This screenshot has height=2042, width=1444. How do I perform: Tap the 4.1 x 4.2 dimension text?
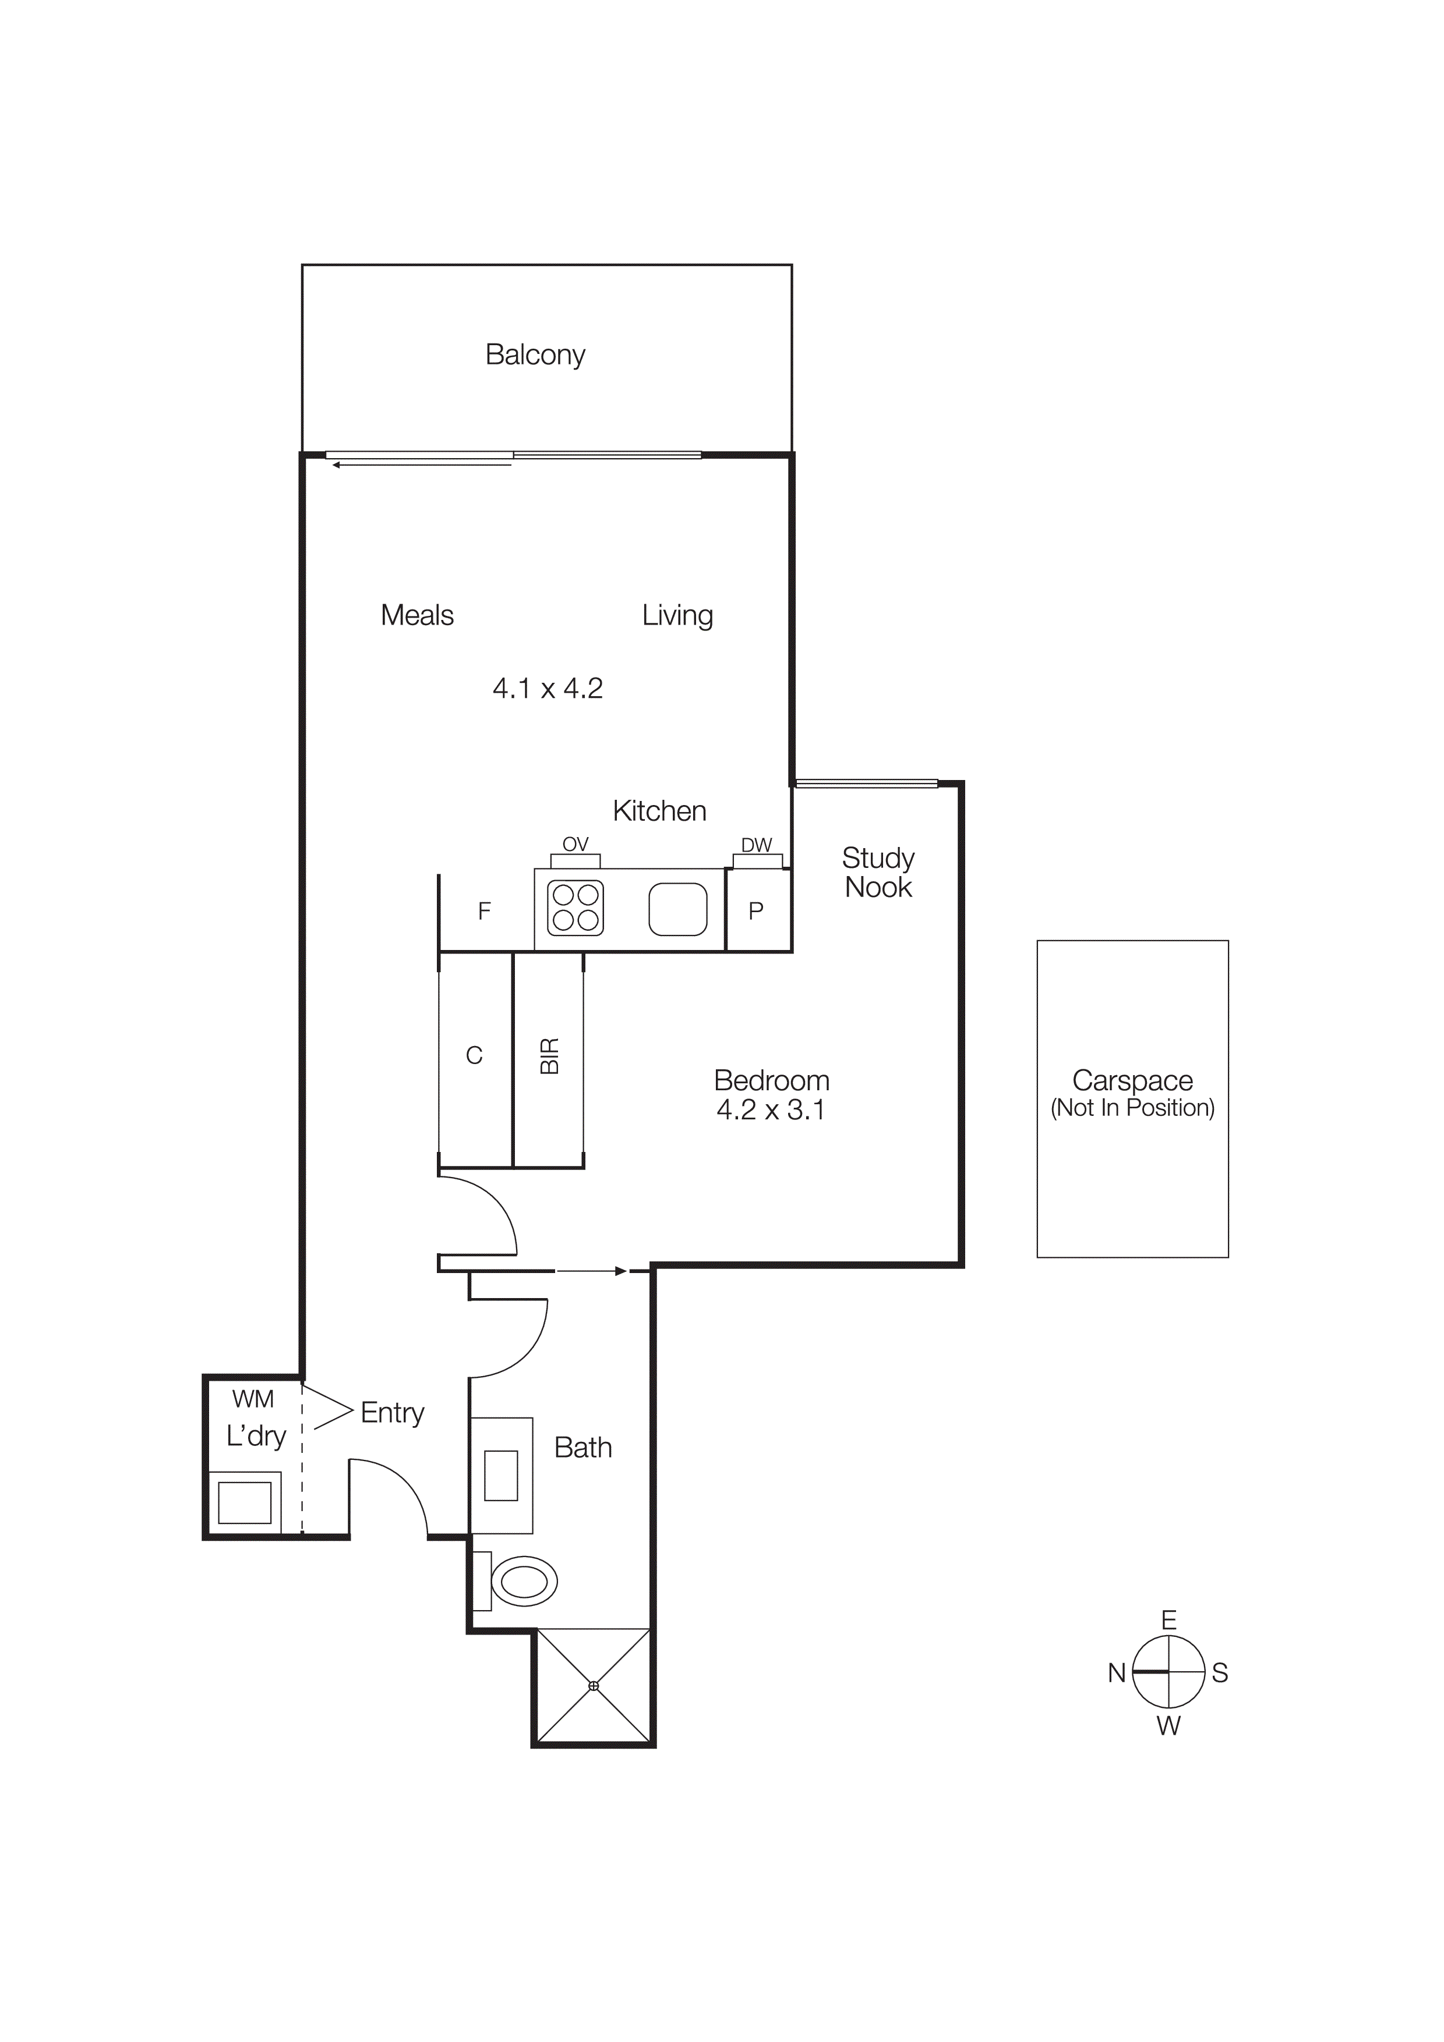[x=547, y=689]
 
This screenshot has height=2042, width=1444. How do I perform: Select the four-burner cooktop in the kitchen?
[x=576, y=908]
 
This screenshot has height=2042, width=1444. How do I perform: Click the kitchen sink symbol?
[x=678, y=909]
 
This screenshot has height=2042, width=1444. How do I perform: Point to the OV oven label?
[x=576, y=844]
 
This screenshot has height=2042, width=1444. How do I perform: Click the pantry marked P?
[x=756, y=911]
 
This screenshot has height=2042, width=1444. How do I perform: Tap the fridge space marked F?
[x=485, y=911]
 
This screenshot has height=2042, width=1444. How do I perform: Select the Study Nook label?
[x=878, y=873]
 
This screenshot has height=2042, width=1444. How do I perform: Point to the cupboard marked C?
[x=474, y=1056]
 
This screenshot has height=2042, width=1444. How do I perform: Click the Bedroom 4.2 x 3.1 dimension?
[x=771, y=1110]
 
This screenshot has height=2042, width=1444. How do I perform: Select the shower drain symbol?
[x=594, y=1685]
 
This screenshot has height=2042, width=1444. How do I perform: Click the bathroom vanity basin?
[x=501, y=1476]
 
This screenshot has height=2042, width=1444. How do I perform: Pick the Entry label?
[x=393, y=1412]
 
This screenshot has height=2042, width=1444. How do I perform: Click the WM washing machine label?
[x=253, y=1399]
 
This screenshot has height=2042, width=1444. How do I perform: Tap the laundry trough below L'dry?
[x=245, y=1503]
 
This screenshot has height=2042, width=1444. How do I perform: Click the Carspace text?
[x=1132, y=1080]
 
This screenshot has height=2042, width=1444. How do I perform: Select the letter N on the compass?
[x=1117, y=1673]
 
